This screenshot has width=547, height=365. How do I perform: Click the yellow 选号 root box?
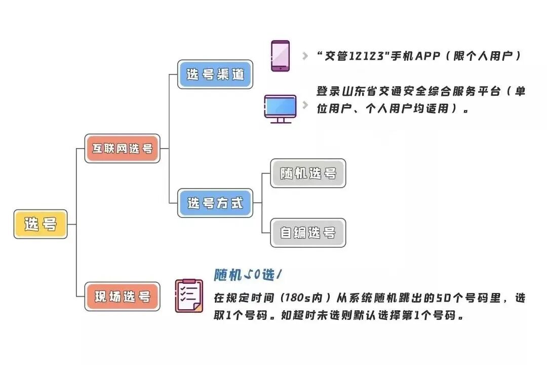(x=41, y=224)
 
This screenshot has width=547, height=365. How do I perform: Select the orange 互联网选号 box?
(x=122, y=149)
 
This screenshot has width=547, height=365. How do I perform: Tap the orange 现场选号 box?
(x=122, y=297)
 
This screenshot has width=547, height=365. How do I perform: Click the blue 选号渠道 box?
(x=215, y=75)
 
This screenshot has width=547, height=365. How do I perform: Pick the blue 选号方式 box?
(x=215, y=203)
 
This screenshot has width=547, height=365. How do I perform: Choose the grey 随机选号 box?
(x=308, y=173)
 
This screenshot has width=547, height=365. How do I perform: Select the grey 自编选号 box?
(x=308, y=233)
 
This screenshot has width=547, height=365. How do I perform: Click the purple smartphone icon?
(x=280, y=56)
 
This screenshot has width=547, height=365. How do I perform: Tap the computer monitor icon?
(x=280, y=108)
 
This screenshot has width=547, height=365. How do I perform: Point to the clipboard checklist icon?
(x=188, y=296)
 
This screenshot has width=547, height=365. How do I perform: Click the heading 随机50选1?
(x=248, y=275)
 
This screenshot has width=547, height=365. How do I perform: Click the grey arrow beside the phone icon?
(x=305, y=56)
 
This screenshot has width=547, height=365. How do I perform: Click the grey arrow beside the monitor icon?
(x=305, y=105)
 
